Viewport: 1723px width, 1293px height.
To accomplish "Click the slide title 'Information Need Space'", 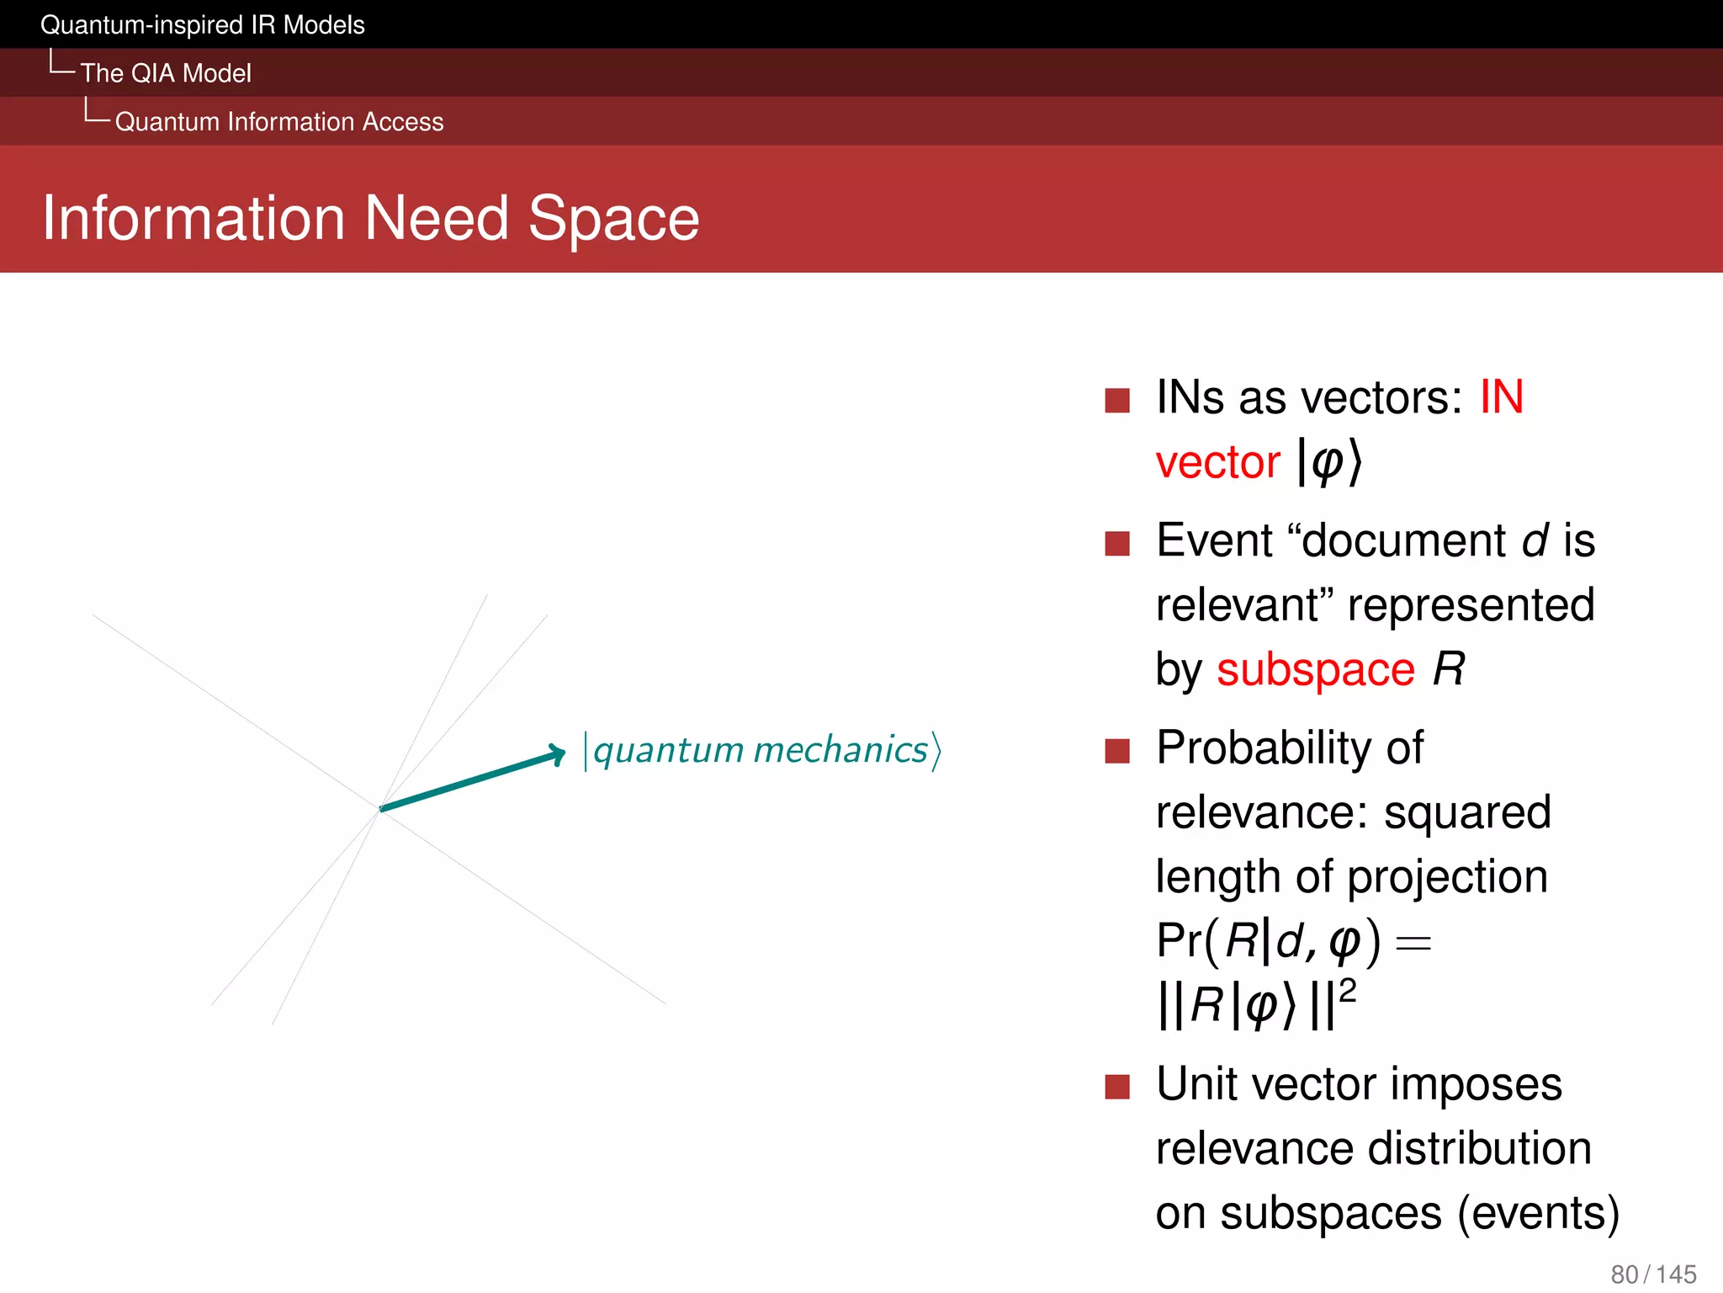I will coord(370,218).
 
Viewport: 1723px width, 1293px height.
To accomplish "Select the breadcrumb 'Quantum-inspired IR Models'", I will coord(202,25).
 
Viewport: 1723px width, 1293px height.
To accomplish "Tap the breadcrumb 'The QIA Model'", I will coord(166,73).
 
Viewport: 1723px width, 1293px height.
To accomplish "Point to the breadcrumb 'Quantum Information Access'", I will coord(279,122).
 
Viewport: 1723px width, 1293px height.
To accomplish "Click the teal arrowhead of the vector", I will coord(556,753).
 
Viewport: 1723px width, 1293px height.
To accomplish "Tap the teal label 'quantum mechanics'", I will coord(761,750).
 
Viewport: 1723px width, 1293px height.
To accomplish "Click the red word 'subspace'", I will coord(1315,671).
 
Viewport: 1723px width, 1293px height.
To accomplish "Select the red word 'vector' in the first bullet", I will coord(1217,463).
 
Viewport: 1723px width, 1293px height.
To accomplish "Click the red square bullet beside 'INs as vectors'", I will coord(1116,400).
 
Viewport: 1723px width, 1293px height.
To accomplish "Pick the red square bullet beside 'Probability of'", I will coord(1116,750).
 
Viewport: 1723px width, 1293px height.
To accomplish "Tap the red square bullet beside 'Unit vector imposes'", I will coord(1116,1087).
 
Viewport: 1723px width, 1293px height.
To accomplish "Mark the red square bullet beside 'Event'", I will coord(1116,543).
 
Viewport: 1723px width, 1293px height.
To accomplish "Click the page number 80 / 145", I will coord(1652,1274).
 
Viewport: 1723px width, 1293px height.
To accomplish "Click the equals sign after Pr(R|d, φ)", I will coord(1413,944).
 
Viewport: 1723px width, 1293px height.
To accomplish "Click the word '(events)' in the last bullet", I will coord(1538,1214).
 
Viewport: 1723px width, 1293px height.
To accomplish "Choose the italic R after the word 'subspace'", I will coord(1448,670).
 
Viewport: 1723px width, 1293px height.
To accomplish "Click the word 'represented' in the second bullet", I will coord(1471,605).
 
